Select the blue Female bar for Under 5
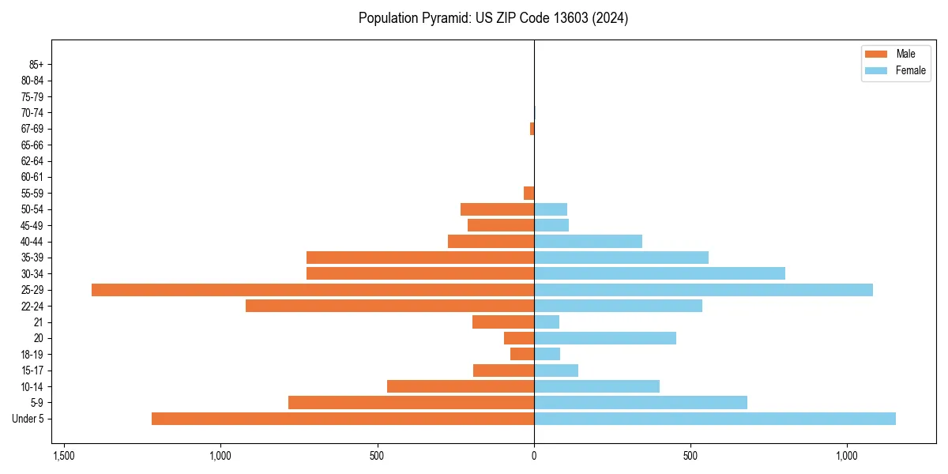coord(715,419)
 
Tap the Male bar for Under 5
coord(343,419)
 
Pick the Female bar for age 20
coord(605,338)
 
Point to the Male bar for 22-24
coord(390,306)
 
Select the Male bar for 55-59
coord(529,193)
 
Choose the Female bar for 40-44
coord(589,242)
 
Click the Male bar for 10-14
coord(461,386)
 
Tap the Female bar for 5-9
coord(641,403)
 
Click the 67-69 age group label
coord(32,129)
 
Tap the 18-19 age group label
coord(32,355)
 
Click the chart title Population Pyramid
coord(493,18)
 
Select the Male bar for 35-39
coord(420,258)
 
